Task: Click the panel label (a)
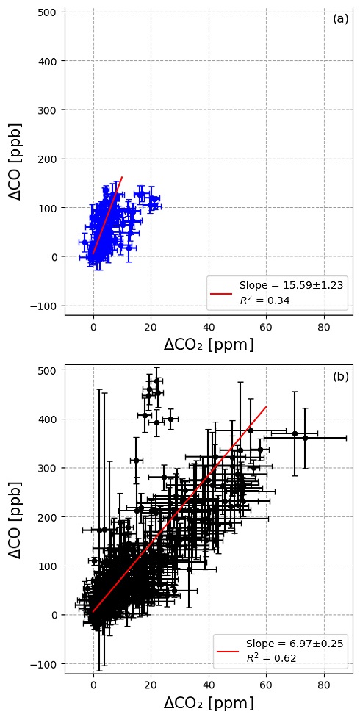pyautogui.click(x=340, y=19)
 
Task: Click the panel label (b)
pyautogui.click(x=340, y=377)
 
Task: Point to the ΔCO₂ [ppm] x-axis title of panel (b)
pyautogui.click(x=208, y=702)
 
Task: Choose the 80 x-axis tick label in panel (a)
pyautogui.click(x=323, y=328)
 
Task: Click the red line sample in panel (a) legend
pyautogui.click(x=222, y=292)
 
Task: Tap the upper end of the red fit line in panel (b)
pyautogui.click(x=266, y=406)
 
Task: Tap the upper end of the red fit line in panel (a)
pyautogui.click(x=122, y=177)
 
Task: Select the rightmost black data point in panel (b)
pyautogui.click(x=305, y=437)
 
